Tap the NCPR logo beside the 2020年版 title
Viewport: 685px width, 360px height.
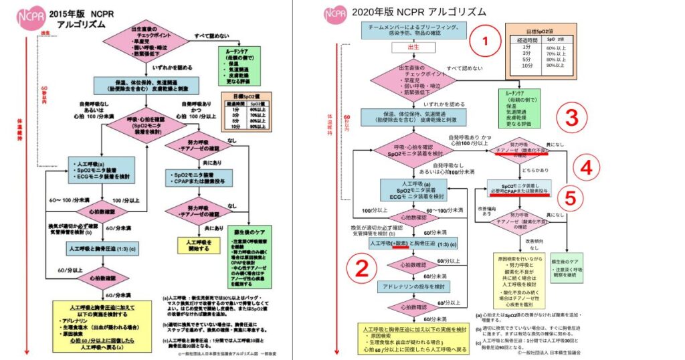tap(335, 13)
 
